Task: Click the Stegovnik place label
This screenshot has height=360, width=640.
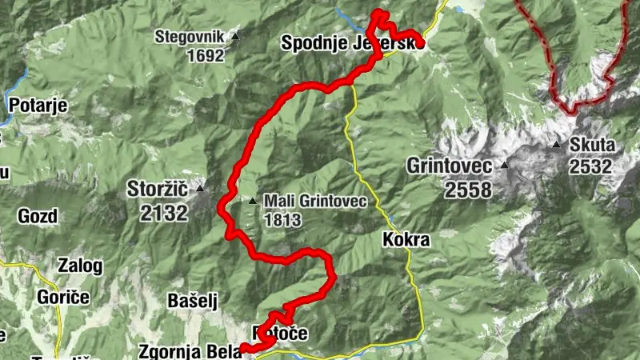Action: (190, 37)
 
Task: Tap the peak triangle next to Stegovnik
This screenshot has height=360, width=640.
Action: (235, 37)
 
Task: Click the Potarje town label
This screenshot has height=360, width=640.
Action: (37, 104)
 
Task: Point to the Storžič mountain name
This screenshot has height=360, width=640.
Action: (158, 190)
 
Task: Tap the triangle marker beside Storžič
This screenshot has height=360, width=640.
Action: (200, 190)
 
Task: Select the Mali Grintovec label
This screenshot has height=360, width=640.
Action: (314, 201)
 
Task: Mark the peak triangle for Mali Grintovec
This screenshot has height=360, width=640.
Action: (253, 201)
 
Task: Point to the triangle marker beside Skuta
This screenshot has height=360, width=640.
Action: (556, 146)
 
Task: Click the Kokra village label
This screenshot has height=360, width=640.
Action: (406, 239)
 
